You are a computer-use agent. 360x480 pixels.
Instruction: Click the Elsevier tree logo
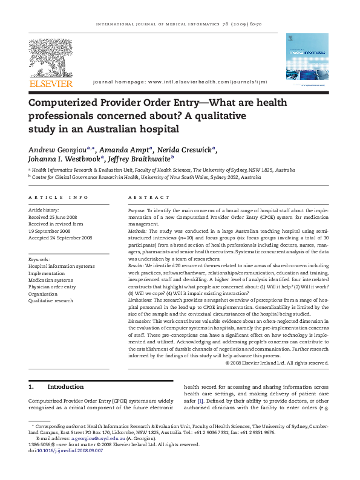[50, 57]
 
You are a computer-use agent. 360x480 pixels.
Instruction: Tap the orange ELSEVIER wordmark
[51, 83]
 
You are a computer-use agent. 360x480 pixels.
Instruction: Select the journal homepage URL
[206, 82]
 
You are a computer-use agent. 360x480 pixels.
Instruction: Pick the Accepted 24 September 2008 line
[61, 238]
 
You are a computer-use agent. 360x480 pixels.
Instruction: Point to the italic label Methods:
[138, 232]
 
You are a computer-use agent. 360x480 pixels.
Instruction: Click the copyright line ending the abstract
[277, 363]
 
